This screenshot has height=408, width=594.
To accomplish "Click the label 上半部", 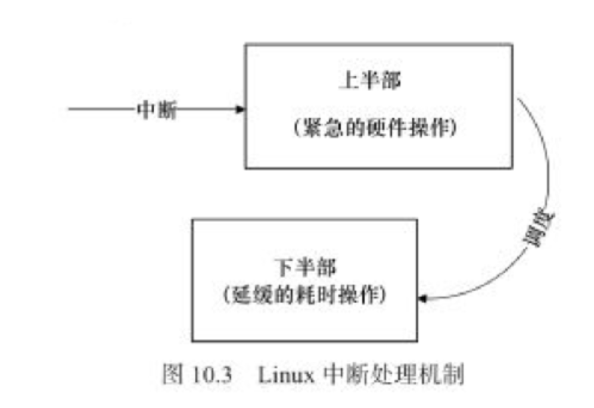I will point(370,82).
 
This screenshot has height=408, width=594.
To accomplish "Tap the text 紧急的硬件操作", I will point(377,129).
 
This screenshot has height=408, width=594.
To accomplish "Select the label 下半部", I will point(304,267).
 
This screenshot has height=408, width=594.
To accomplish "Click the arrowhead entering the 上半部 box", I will point(241,110).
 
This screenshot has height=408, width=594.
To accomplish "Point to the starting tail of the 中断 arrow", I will point(70,110).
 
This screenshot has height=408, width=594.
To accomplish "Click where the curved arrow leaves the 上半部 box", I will point(517,99).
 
